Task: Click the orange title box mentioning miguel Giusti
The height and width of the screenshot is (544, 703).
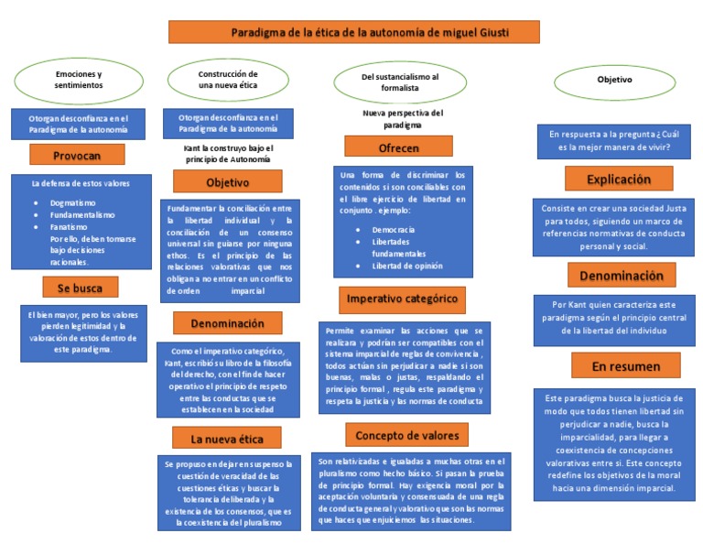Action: (353, 33)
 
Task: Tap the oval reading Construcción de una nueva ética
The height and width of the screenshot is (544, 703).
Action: (228, 79)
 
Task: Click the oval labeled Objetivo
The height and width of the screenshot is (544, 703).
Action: (614, 81)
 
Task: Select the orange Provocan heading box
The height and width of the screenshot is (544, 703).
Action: (77, 156)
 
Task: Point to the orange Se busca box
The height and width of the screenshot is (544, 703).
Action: (81, 288)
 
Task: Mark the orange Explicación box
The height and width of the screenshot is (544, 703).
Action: (619, 178)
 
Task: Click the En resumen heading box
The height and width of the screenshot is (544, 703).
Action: (612, 366)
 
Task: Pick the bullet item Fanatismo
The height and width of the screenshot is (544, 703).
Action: (70, 226)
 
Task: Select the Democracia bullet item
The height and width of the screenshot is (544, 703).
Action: (393, 230)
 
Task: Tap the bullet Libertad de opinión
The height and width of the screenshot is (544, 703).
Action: (407, 266)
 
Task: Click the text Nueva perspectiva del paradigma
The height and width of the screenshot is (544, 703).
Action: (402, 118)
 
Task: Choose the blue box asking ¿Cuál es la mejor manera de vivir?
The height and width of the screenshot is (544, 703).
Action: (609, 140)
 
